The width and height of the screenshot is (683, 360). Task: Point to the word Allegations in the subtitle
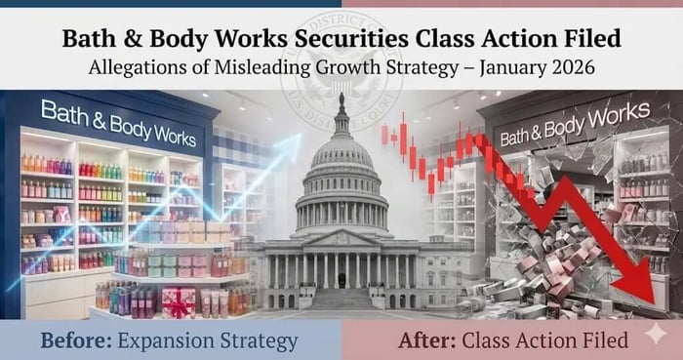coord(145,68)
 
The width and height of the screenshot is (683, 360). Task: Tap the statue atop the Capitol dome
coord(341,100)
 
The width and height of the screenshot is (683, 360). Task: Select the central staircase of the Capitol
coord(341,297)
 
